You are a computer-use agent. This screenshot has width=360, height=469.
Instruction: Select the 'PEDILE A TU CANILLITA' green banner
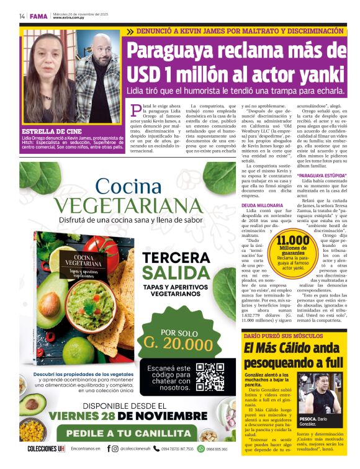click(128, 433)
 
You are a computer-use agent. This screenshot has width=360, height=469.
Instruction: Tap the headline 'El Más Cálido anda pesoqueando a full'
click(292, 355)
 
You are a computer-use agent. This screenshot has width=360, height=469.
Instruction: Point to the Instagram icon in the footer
click(115, 449)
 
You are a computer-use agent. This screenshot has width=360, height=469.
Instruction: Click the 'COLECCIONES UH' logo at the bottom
click(46, 449)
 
